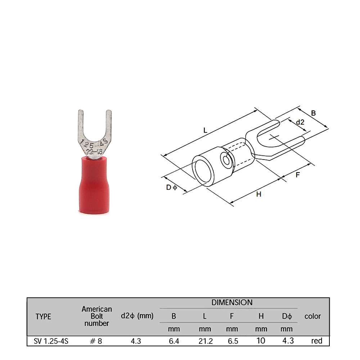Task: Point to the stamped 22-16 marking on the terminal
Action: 94,151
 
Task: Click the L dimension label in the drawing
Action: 205,131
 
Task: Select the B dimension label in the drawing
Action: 313,113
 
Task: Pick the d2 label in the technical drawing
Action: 300,122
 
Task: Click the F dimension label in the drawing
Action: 298,175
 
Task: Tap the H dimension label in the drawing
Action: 259,194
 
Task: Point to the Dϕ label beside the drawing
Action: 171,188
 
